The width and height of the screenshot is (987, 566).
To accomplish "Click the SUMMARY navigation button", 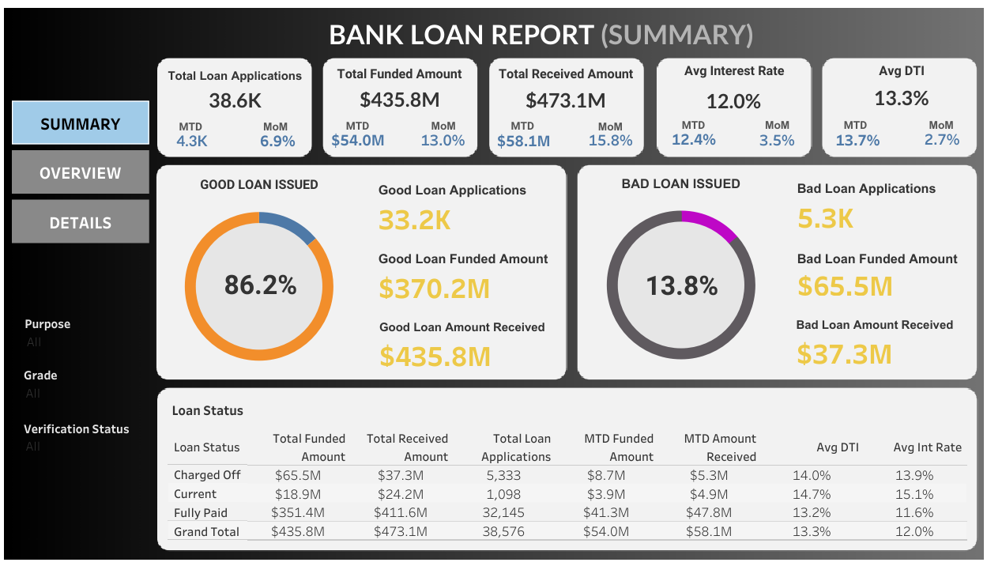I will pyautogui.click(x=81, y=123).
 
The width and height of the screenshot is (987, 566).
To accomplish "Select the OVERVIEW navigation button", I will pyautogui.click(x=81, y=173).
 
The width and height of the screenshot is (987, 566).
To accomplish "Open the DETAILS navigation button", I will pyautogui.click(x=81, y=223).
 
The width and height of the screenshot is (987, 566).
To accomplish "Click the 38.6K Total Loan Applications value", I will pyautogui.click(x=235, y=101).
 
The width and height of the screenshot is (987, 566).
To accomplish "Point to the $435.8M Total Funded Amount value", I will pyautogui.click(x=399, y=100).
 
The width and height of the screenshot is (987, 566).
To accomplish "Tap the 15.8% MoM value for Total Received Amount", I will pyautogui.click(x=610, y=141).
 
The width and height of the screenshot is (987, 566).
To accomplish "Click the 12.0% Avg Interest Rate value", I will pyautogui.click(x=733, y=101).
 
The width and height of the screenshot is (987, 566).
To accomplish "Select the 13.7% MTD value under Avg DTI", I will pyautogui.click(x=857, y=140).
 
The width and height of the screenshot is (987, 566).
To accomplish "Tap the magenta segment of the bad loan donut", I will pyautogui.click(x=709, y=223).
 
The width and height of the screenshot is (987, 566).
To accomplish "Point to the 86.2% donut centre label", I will pyautogui.click(x=260, y=285).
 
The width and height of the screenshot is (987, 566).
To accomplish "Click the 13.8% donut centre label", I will pyautogui.click(x=681, y=285).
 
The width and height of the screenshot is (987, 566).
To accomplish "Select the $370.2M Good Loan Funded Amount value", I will pyautogui.click(x=434, y=289).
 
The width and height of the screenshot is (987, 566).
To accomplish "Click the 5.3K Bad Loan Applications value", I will pyautogui.click(x=825, y=219).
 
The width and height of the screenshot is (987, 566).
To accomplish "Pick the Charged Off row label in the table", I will pyautogui.click(x=207, y=475).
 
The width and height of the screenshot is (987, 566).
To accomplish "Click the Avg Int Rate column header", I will pyautogui.click(x=927, y=447).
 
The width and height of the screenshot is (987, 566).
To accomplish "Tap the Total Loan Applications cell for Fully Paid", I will pyautogui.click(x=503, y=513).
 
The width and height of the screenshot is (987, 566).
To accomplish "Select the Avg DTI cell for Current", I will pyautogui.click(x=812, y=494).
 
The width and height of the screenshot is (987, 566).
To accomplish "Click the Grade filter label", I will pyautogui.click(x=40, y=375).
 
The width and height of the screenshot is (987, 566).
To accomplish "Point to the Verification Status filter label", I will pyautogui.click(x=76, y=429).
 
